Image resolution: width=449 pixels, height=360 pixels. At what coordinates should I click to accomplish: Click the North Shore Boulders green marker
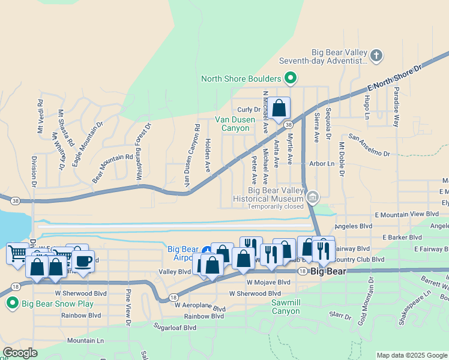291,78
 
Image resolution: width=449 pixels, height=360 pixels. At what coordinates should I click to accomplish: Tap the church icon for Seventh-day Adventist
376,56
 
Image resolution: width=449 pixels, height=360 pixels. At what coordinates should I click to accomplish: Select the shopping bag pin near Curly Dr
279,108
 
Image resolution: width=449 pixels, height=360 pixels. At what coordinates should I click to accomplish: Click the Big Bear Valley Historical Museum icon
312,197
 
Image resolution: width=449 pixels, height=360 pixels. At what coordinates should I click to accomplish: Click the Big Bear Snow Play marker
12,304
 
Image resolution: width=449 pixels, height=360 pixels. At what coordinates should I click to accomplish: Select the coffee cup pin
83,262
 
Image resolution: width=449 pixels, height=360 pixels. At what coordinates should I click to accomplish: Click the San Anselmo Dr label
369,146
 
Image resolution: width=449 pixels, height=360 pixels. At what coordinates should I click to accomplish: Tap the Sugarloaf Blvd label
174,328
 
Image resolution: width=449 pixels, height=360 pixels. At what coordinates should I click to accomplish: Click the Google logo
20,353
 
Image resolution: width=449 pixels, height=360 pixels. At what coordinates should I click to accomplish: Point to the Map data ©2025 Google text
412,355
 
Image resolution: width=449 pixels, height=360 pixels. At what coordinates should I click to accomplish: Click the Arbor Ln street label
322,163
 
